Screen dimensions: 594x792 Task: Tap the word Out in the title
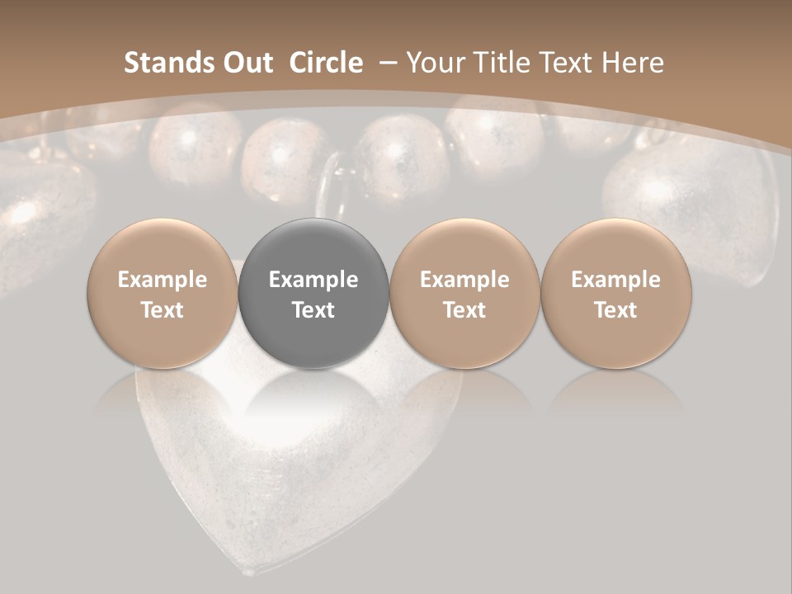[x=246, y=63]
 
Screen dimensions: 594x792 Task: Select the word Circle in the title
[x=326, y=63]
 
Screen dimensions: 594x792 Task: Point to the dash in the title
[x=388, y=63]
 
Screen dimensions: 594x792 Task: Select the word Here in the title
[x=632, y=63]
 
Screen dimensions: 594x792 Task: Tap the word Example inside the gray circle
[x=313, y=280]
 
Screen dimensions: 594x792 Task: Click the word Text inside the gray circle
[x=313, y=310]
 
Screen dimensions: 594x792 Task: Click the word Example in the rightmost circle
[x=615, y=280]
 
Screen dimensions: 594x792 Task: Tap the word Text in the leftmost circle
[x=163, y=310]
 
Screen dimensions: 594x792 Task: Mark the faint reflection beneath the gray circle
[x=313, y=392]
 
